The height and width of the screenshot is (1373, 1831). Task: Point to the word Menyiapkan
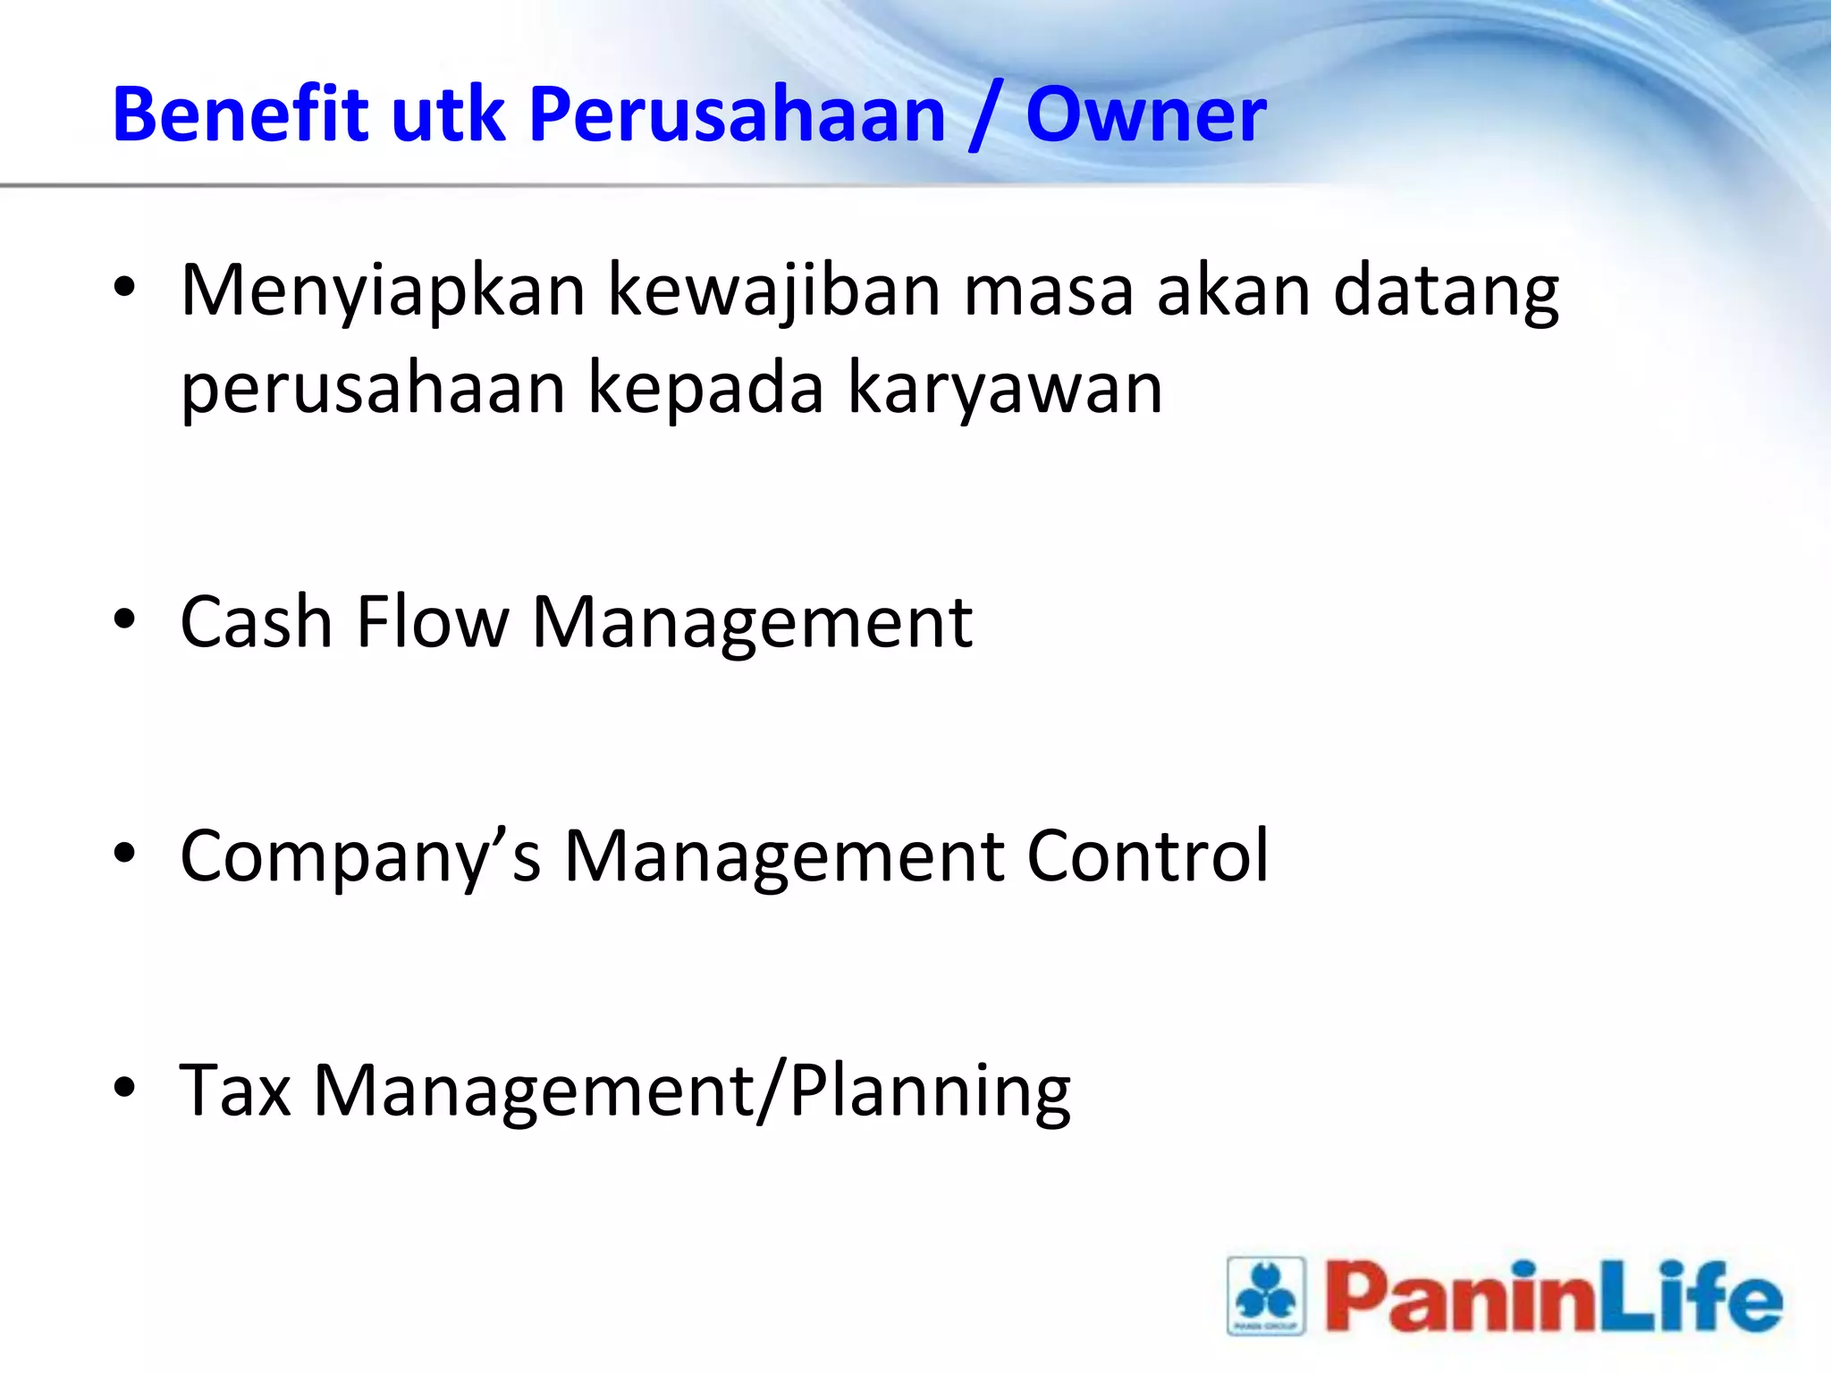coord(383,291)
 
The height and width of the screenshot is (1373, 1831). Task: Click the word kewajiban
coord(774,291)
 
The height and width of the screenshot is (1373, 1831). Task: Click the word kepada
coord(705,390)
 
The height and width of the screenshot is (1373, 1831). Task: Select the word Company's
coord(360,856)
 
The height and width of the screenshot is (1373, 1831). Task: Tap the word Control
coord(1147,855)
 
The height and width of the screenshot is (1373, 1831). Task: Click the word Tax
coord(235,1090)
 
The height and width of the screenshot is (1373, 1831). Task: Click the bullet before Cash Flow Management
coord(124,619)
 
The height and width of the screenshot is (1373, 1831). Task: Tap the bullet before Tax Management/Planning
coord(124,1088)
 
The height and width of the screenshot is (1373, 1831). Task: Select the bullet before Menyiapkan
coord(124,288)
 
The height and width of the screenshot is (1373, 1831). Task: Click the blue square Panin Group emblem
coord(1266,1296)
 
